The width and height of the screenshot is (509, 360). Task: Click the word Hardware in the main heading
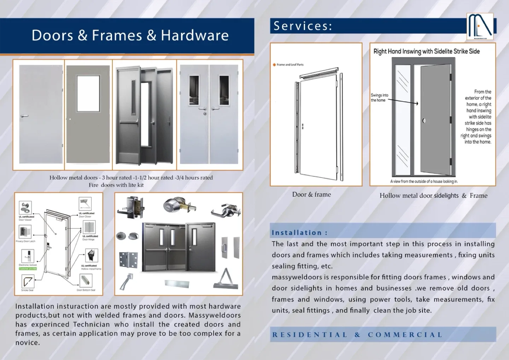195,35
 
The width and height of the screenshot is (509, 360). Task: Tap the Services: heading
303,26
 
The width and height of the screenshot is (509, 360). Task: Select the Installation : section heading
299,233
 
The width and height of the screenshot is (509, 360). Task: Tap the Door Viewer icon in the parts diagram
25,207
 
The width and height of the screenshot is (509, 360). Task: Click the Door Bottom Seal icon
86,281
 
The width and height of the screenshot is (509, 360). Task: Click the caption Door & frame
311,194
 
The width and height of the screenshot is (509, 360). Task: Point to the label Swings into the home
379,98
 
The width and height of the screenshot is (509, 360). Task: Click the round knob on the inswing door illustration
424,121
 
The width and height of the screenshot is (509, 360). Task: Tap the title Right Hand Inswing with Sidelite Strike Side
426,51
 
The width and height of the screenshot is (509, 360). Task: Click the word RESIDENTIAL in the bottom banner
310,335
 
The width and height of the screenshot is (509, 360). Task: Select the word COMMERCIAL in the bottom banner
405,335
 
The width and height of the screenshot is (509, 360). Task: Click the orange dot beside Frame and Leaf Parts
274,65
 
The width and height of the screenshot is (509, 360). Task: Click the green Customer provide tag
28,269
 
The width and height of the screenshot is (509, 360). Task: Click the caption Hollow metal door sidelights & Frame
433,196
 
